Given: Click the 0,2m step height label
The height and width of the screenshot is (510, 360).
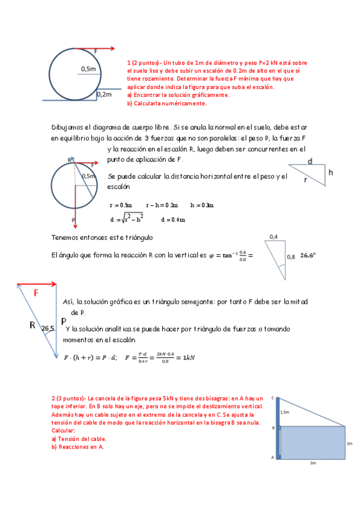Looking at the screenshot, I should point(104,94).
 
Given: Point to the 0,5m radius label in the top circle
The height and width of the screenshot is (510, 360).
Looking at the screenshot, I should point(88,69).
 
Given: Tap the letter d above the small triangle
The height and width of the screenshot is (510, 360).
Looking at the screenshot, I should point(310,161).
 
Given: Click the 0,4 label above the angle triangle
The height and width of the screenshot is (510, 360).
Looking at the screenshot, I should point(273,236).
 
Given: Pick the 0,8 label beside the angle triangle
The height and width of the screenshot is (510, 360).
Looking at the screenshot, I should point(291,256).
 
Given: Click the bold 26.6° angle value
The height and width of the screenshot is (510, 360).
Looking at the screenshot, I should point(308,255).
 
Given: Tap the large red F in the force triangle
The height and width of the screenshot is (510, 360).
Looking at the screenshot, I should point(36,293).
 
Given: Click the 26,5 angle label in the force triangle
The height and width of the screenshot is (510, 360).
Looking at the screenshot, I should point(49,329).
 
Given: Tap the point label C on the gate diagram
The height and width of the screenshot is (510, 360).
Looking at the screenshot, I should point(273,398).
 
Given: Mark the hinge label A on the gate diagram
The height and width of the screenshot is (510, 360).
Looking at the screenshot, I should point(273,458).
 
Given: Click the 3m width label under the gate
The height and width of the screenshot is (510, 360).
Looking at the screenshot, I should point(313,464).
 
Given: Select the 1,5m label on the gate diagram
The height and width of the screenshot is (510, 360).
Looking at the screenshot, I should point(284,413).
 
